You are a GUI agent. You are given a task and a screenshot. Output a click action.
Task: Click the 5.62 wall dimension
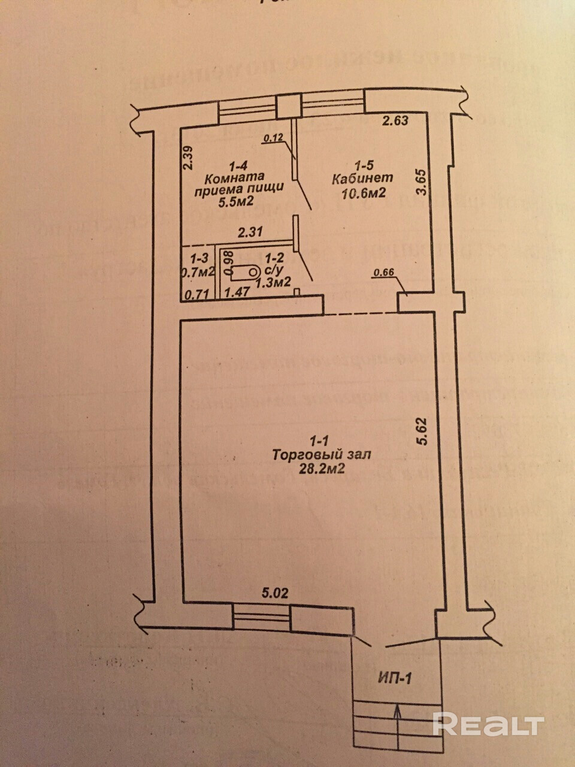423,431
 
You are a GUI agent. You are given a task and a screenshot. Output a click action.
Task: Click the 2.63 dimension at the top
395,120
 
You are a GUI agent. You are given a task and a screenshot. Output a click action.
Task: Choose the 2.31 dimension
250,232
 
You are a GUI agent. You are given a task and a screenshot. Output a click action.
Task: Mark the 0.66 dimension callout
383,274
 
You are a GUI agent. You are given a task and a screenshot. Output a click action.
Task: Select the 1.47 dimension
237,294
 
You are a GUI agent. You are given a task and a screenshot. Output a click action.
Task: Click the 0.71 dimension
195,294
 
